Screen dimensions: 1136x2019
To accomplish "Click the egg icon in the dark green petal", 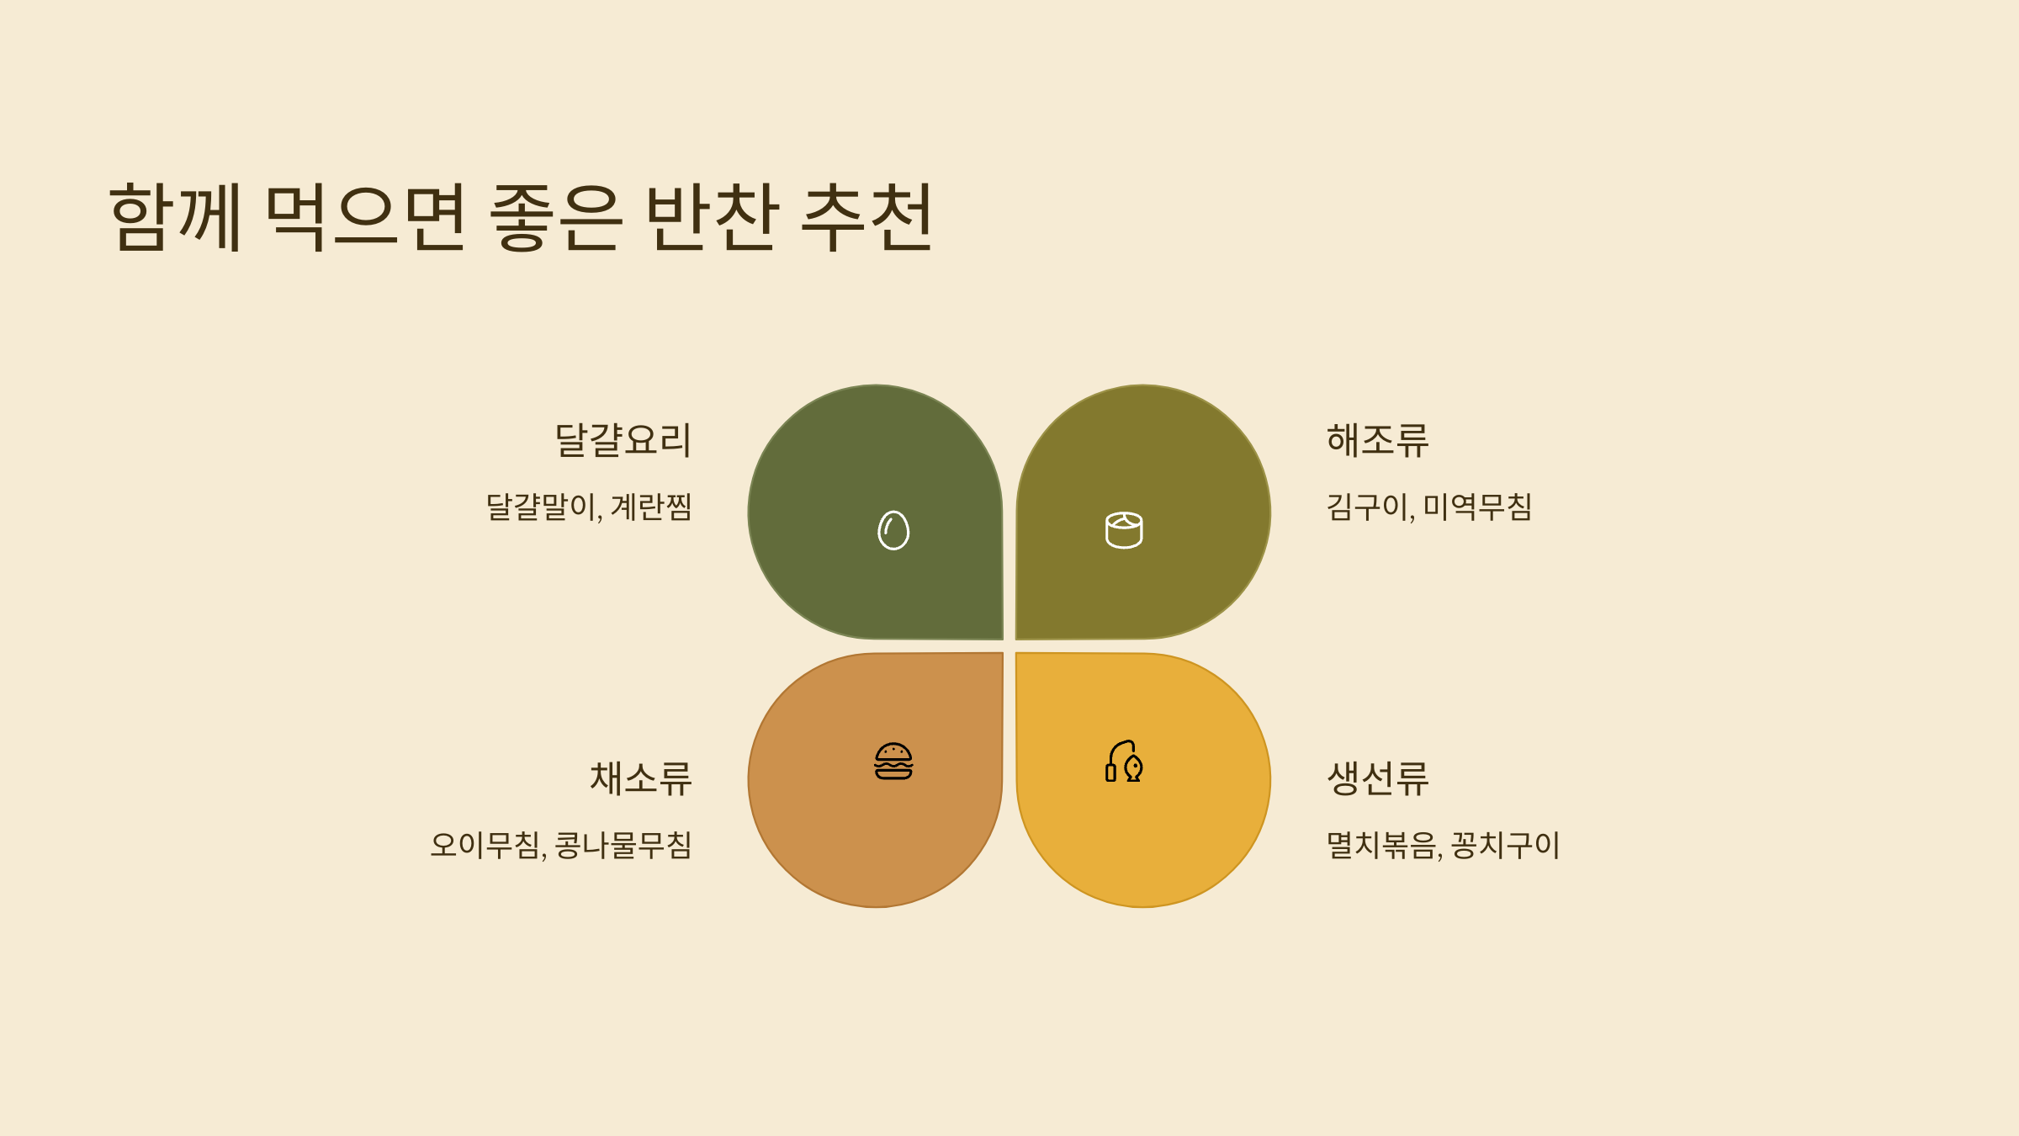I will tap(893, 530).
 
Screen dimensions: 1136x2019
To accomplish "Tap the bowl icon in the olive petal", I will tap(1124, 530).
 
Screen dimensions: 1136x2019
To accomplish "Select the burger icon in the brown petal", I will tap(893, 762).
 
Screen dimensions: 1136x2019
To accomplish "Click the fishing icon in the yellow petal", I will tap(1124, 762).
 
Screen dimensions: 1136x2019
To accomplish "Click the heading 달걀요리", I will tap(623, 440).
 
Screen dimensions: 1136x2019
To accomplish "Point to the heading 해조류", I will tap(1377, 440).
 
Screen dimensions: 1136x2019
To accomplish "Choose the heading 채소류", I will tap(640, 778).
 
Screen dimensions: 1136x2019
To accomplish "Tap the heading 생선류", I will tap(1377, 778).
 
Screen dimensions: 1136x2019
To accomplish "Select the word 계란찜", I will tap(650, 507).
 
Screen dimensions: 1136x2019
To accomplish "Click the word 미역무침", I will tap(1477, 507).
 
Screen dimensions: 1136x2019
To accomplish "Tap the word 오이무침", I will tap(485, 845).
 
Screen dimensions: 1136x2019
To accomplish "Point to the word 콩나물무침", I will tap(623, 845).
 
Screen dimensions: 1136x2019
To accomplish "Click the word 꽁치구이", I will tap(1505, 845).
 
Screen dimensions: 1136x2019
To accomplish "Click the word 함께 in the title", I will tap(176, 216).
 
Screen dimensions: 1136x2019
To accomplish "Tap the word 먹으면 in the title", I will tap(365, 216).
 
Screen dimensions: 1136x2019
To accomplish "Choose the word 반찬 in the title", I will tap(711, 216).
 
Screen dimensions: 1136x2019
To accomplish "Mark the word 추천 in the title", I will tap(866, 216).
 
